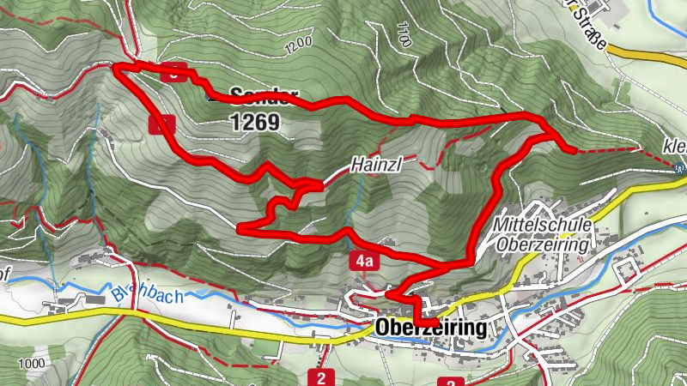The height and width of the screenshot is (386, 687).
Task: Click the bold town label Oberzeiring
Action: pos(430,329)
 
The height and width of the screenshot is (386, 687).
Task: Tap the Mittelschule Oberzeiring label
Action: pos(544,233)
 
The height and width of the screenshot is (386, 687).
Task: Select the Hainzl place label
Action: pos(370,166)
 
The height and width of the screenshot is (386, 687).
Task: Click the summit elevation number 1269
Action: pos(255,123)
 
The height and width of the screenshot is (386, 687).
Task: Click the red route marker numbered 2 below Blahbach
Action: pos(321,377)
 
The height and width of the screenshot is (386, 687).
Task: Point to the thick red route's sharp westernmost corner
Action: pos(116,66)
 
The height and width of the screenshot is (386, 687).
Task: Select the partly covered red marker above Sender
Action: pos(175,73)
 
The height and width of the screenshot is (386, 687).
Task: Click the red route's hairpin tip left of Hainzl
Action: pos(240,228)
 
